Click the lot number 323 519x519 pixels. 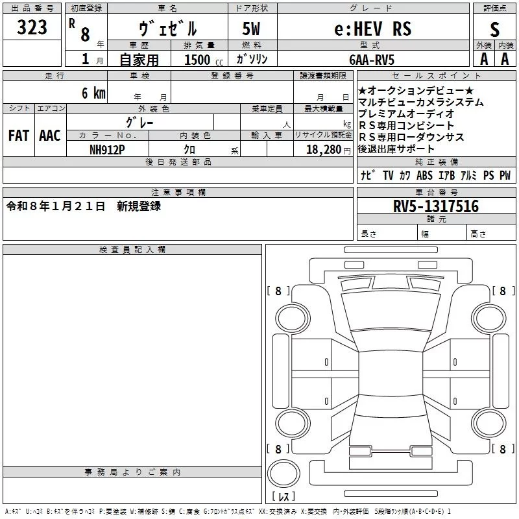32,27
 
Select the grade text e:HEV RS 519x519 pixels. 372,29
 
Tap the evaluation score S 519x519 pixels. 495,29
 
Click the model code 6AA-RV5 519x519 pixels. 372,60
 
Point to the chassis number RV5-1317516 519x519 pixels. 436,206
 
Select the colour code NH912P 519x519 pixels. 108,149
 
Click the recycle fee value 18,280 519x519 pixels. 322,149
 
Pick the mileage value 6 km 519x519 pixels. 93,93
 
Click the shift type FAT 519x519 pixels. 18,136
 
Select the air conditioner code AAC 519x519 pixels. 49,136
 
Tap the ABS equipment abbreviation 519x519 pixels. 425,176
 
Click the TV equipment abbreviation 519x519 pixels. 388,176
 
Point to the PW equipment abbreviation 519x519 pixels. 505,176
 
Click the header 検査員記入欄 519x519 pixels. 132,250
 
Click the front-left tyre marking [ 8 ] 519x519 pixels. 278,291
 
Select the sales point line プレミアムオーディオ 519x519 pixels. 406,114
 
